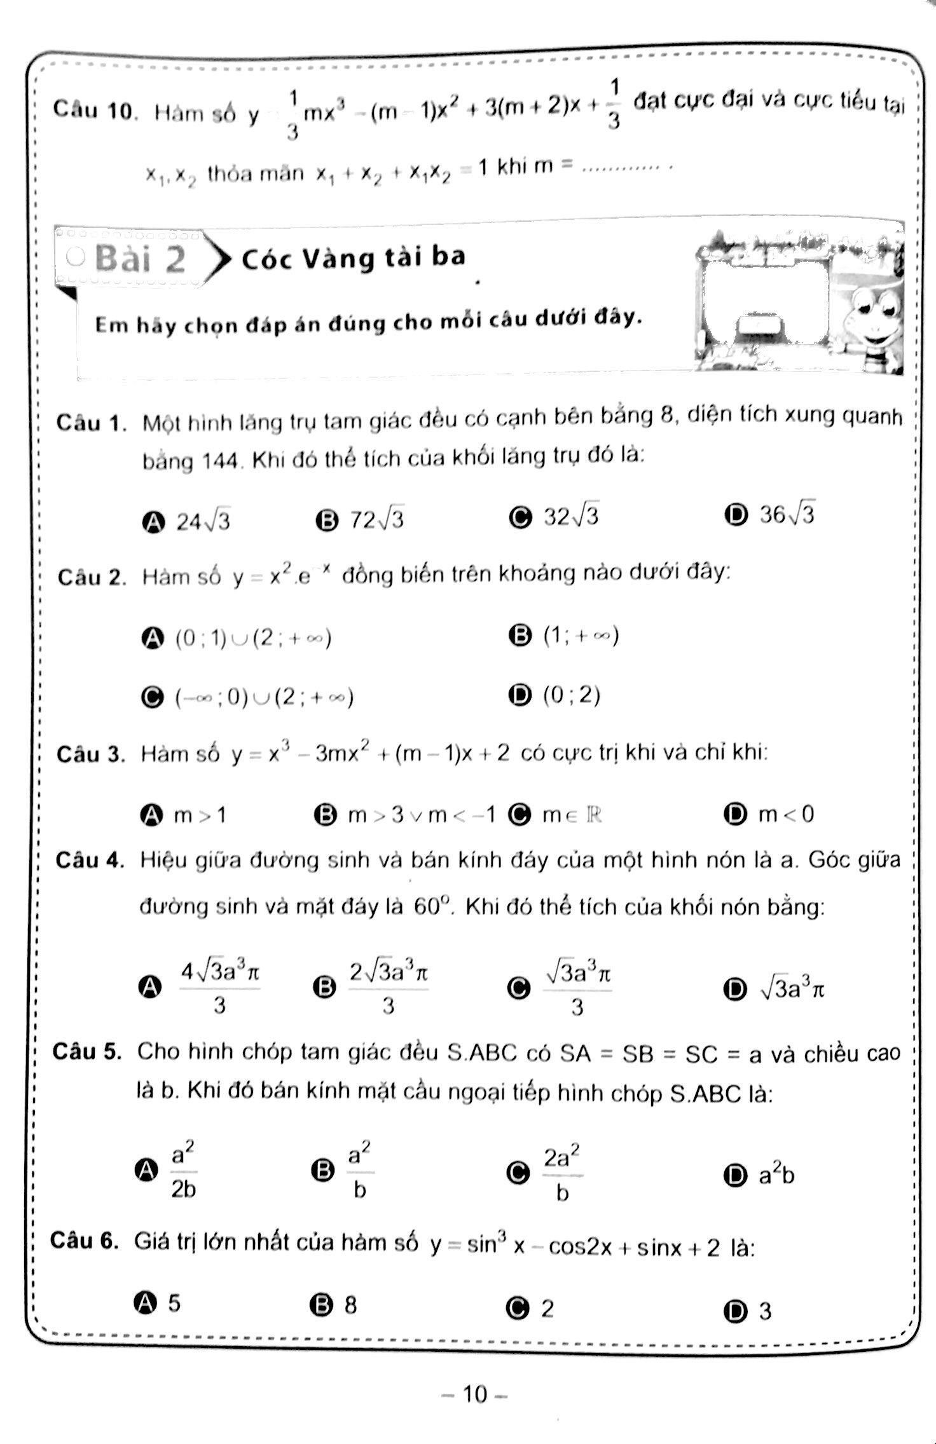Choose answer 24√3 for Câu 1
203,521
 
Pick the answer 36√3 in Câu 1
787,514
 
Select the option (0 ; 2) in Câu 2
571,695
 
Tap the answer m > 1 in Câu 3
200,814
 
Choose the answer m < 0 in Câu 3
786,814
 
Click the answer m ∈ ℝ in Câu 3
571,814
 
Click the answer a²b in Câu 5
776,1175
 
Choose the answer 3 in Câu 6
765,1311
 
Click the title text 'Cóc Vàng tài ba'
354,258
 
